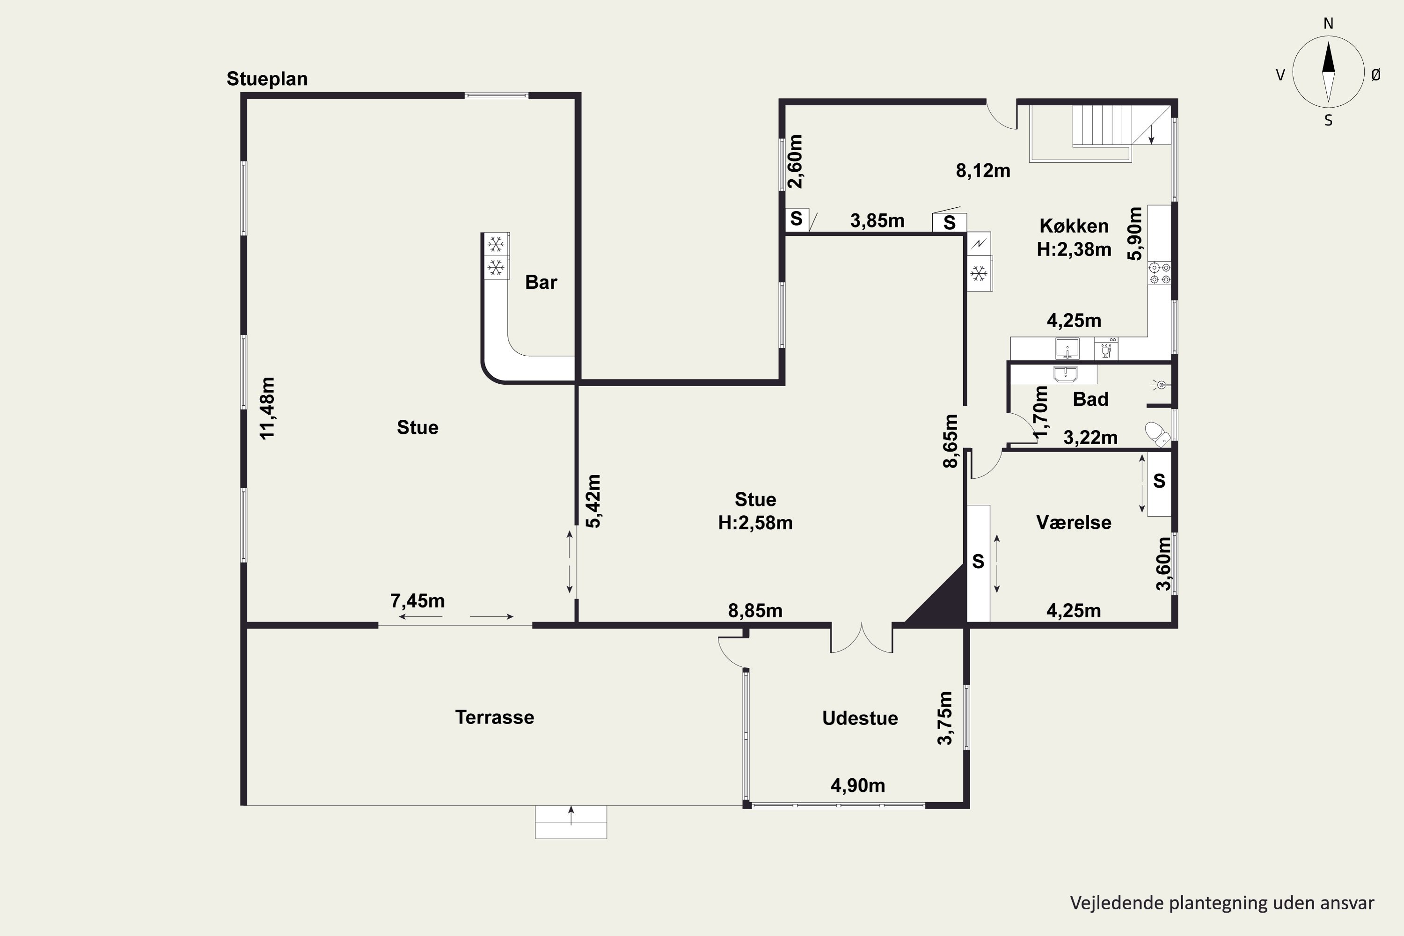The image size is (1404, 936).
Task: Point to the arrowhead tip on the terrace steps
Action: [571, 806]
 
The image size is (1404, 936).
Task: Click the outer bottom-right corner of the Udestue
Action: [969, 809]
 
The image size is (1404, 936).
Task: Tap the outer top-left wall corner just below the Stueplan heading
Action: [241, 93]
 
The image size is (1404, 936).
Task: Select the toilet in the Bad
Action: [1157, 434]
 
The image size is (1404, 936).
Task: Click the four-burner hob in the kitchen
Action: [1160, 273]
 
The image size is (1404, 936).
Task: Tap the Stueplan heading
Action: [267, 79]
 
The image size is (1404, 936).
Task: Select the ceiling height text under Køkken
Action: [1074, 249]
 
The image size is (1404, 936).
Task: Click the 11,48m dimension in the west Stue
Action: [267, 408]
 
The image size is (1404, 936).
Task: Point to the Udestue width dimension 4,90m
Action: [858, 786]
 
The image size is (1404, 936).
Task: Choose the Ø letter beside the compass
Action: [1376, 74]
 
